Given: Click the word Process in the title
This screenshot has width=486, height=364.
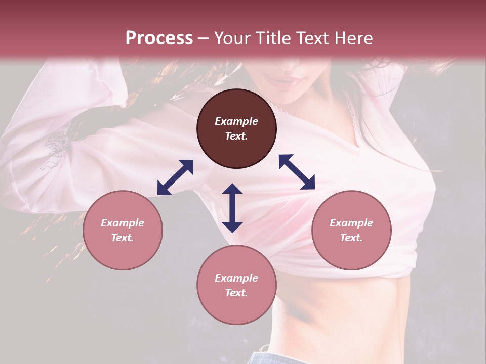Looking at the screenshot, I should click(x=159, y=38).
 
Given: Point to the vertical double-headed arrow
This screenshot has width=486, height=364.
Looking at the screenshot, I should click(x=232, y=208).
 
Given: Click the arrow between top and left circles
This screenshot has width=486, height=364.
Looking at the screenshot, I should click(x=175, y=177).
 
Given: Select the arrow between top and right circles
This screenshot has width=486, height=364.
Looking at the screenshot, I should click(x=297, y=172).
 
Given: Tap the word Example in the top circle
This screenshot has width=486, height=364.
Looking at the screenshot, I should click(x=236, y=121).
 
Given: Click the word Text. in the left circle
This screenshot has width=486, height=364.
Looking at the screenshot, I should click(x=123, y=238).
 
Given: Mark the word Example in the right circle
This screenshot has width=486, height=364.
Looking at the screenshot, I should click(x=351, y=223).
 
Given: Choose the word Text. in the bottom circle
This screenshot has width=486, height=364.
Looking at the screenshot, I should click(x=236, y=293).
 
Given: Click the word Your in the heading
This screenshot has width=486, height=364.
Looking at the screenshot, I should click(x=231, y=38).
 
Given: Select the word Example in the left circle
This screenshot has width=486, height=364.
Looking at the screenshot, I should click(x=123, y=223).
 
